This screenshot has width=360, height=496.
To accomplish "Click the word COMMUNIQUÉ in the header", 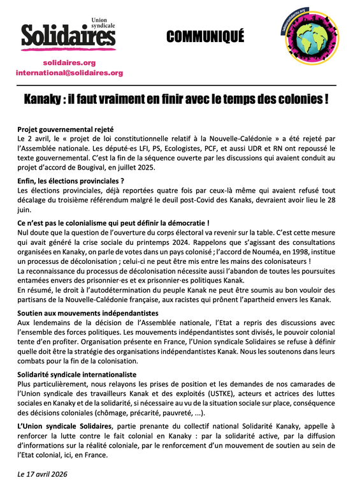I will tap(205, 38).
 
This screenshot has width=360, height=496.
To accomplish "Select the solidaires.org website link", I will tap(69, 62).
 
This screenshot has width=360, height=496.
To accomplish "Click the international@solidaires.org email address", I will tap(69, 73).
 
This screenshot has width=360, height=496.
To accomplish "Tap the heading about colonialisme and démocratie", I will tap(113, 223).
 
